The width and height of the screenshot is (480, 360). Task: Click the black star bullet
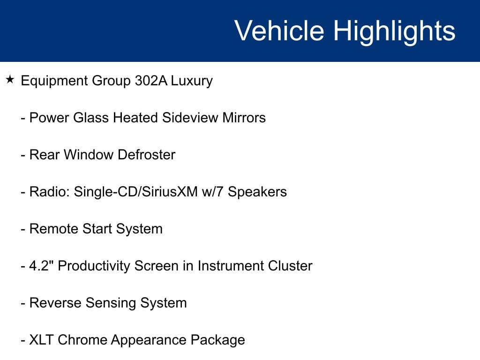[x=10, y=80]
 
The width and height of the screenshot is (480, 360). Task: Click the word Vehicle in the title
[x=279, y=30]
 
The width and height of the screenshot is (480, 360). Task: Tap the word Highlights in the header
[x=394, y=32]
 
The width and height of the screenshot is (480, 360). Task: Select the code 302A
[x=151, y=81]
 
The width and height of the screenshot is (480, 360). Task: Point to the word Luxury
[x=192, y=82]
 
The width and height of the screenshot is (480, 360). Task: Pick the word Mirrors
[x=244, y=118]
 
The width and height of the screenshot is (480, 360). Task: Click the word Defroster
[x=146, y=155]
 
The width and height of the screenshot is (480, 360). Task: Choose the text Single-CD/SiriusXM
[x=135, y=192]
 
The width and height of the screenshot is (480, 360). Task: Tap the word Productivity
[x=94, y=267]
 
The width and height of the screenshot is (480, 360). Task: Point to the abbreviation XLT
[x=41, y=340]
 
